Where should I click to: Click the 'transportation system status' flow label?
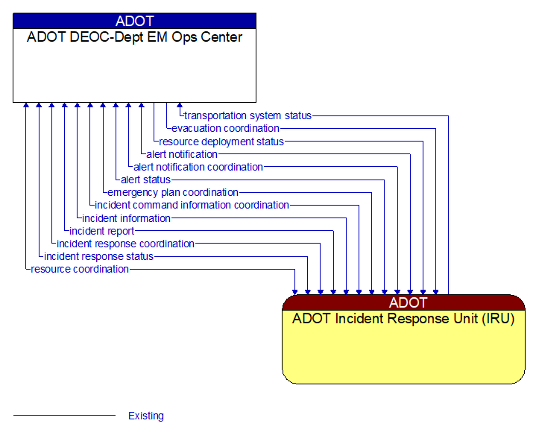(x=247, y=115)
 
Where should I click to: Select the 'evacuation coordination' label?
(x=225, y=128)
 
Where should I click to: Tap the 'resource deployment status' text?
(x=221, y=142)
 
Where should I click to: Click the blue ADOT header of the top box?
(x=134, y=21)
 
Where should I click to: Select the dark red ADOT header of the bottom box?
(x=403, y=302)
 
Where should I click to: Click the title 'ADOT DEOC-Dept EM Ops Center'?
(x=134, y=37)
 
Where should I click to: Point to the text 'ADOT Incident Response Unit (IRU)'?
(x=403, y=319)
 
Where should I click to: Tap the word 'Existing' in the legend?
(x=146, y=416)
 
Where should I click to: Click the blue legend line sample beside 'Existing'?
(x=64, y=416)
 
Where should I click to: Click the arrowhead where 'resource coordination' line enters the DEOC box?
(x=26, y=106)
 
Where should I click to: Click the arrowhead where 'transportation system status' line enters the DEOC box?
(x=178, y=106)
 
